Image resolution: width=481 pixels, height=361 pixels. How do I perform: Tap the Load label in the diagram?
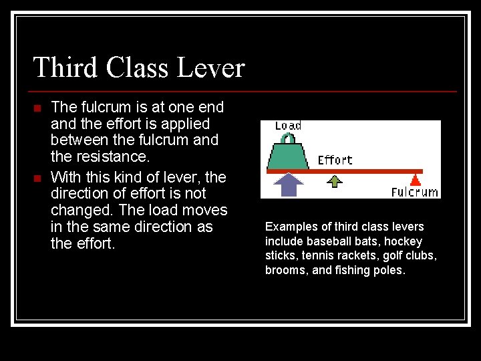[289, 126]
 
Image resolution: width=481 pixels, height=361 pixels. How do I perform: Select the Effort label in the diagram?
[335, 160]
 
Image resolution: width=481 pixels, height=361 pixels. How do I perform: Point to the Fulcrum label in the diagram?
[415, 192]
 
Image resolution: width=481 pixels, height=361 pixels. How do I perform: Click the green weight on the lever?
[288, 156]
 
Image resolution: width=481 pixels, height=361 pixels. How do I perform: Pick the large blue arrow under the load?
[289, 184]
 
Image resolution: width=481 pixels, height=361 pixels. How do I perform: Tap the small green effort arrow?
[335, 179]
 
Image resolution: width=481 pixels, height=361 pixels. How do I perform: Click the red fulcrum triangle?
[416, 178]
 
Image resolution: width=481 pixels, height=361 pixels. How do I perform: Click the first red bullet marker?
[38, 108]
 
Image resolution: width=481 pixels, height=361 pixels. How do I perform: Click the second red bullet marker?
[38, 178]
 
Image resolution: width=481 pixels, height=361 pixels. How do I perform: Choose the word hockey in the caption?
[405, 241]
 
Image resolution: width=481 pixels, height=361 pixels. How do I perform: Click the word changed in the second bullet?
[77, 211]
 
